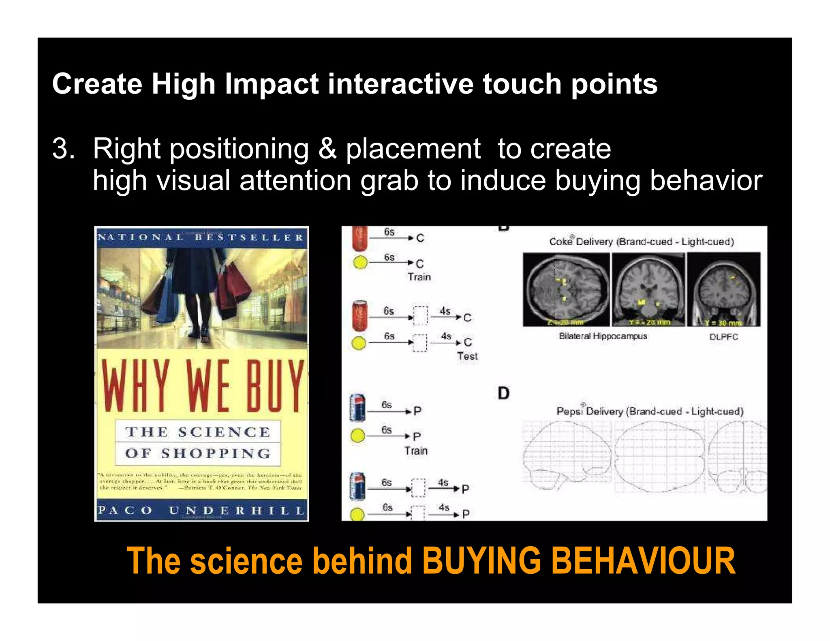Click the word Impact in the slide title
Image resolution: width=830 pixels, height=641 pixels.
pyautogui.click(x=272, y=84)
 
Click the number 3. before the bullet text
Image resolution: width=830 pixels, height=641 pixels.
pyautogui.click(x=63, y=149)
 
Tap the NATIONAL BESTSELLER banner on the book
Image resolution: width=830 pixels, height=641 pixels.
pyautogui.click(x=201, y=237)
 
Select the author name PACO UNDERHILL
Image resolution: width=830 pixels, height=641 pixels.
pyautogui.click(x=201, y=510)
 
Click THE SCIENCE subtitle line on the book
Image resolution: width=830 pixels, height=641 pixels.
pyautogui.click(x=198, y=432)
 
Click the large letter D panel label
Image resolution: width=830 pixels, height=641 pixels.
pyautogui.click(x=503, y=393)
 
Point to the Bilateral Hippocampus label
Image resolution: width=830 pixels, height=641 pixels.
pyautogui.click(x=603, y=336)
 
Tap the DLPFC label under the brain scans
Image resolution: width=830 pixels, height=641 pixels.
pyautogui.click(x=723, y=337)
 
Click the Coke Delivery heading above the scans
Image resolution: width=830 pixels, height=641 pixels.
pyautogui.click(x=641, y=241)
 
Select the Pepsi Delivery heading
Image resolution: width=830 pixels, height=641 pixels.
pyautogui.click(x=650, y=411)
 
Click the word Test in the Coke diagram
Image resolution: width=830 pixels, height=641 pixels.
pyautogui.click(x=467, y=356)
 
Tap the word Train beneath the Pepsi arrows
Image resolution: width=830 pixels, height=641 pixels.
pyautogui.click(x=416, y=451)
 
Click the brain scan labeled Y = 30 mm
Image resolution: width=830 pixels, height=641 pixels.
pyautogui.click(x=724, y=290)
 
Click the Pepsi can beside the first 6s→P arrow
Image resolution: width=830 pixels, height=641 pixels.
pyautogui.click(x=357, y=408)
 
